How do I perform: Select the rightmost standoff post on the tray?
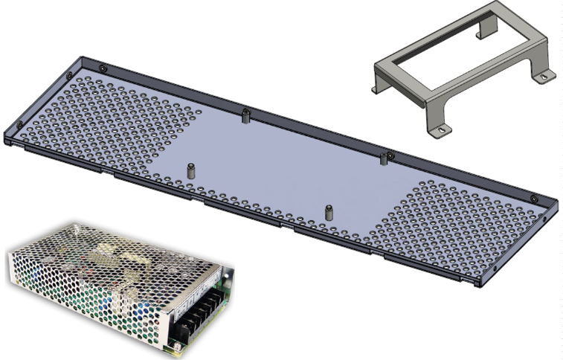pos(384,158)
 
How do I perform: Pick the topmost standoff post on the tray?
pos(245,115)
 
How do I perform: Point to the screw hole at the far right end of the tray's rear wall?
pos(534,198)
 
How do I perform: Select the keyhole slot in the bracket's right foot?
pos(544,75)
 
